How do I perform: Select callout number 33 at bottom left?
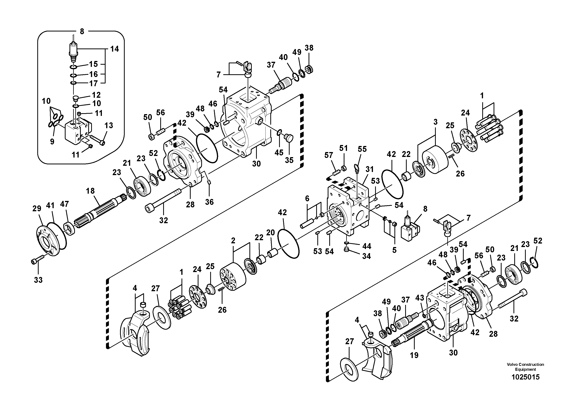[38, 280]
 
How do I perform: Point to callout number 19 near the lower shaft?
[414, 355]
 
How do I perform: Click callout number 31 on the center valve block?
[369, 169]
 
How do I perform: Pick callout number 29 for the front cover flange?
[37, 209]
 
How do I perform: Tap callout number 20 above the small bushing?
[270, 233]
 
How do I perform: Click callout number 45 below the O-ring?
[279, 153]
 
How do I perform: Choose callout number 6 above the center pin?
[307, 198]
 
